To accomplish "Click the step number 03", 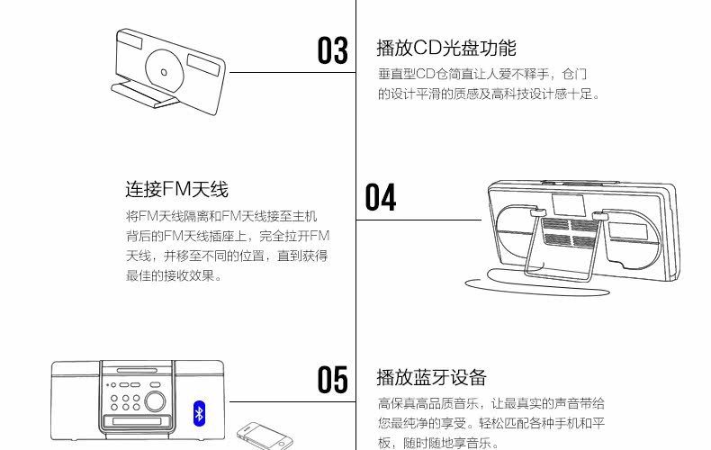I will point(332,50).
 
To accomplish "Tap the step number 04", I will point(381,198).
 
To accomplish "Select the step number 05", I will point(332,379).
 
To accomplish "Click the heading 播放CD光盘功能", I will point(446,48).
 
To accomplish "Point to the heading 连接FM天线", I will point(176,189).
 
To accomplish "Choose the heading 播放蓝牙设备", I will point(431,376).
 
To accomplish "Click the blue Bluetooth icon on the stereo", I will point(200,412).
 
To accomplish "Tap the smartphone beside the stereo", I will point(259,436).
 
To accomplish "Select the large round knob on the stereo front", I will point(156,401).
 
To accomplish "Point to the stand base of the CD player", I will point(143,94).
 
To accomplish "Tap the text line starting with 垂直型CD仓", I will point(482,74).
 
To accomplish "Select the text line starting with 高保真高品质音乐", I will point(490,403).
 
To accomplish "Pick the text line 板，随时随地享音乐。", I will point(438,443).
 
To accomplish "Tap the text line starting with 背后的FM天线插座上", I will point(228,236).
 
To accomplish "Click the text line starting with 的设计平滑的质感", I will point(489,94).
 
